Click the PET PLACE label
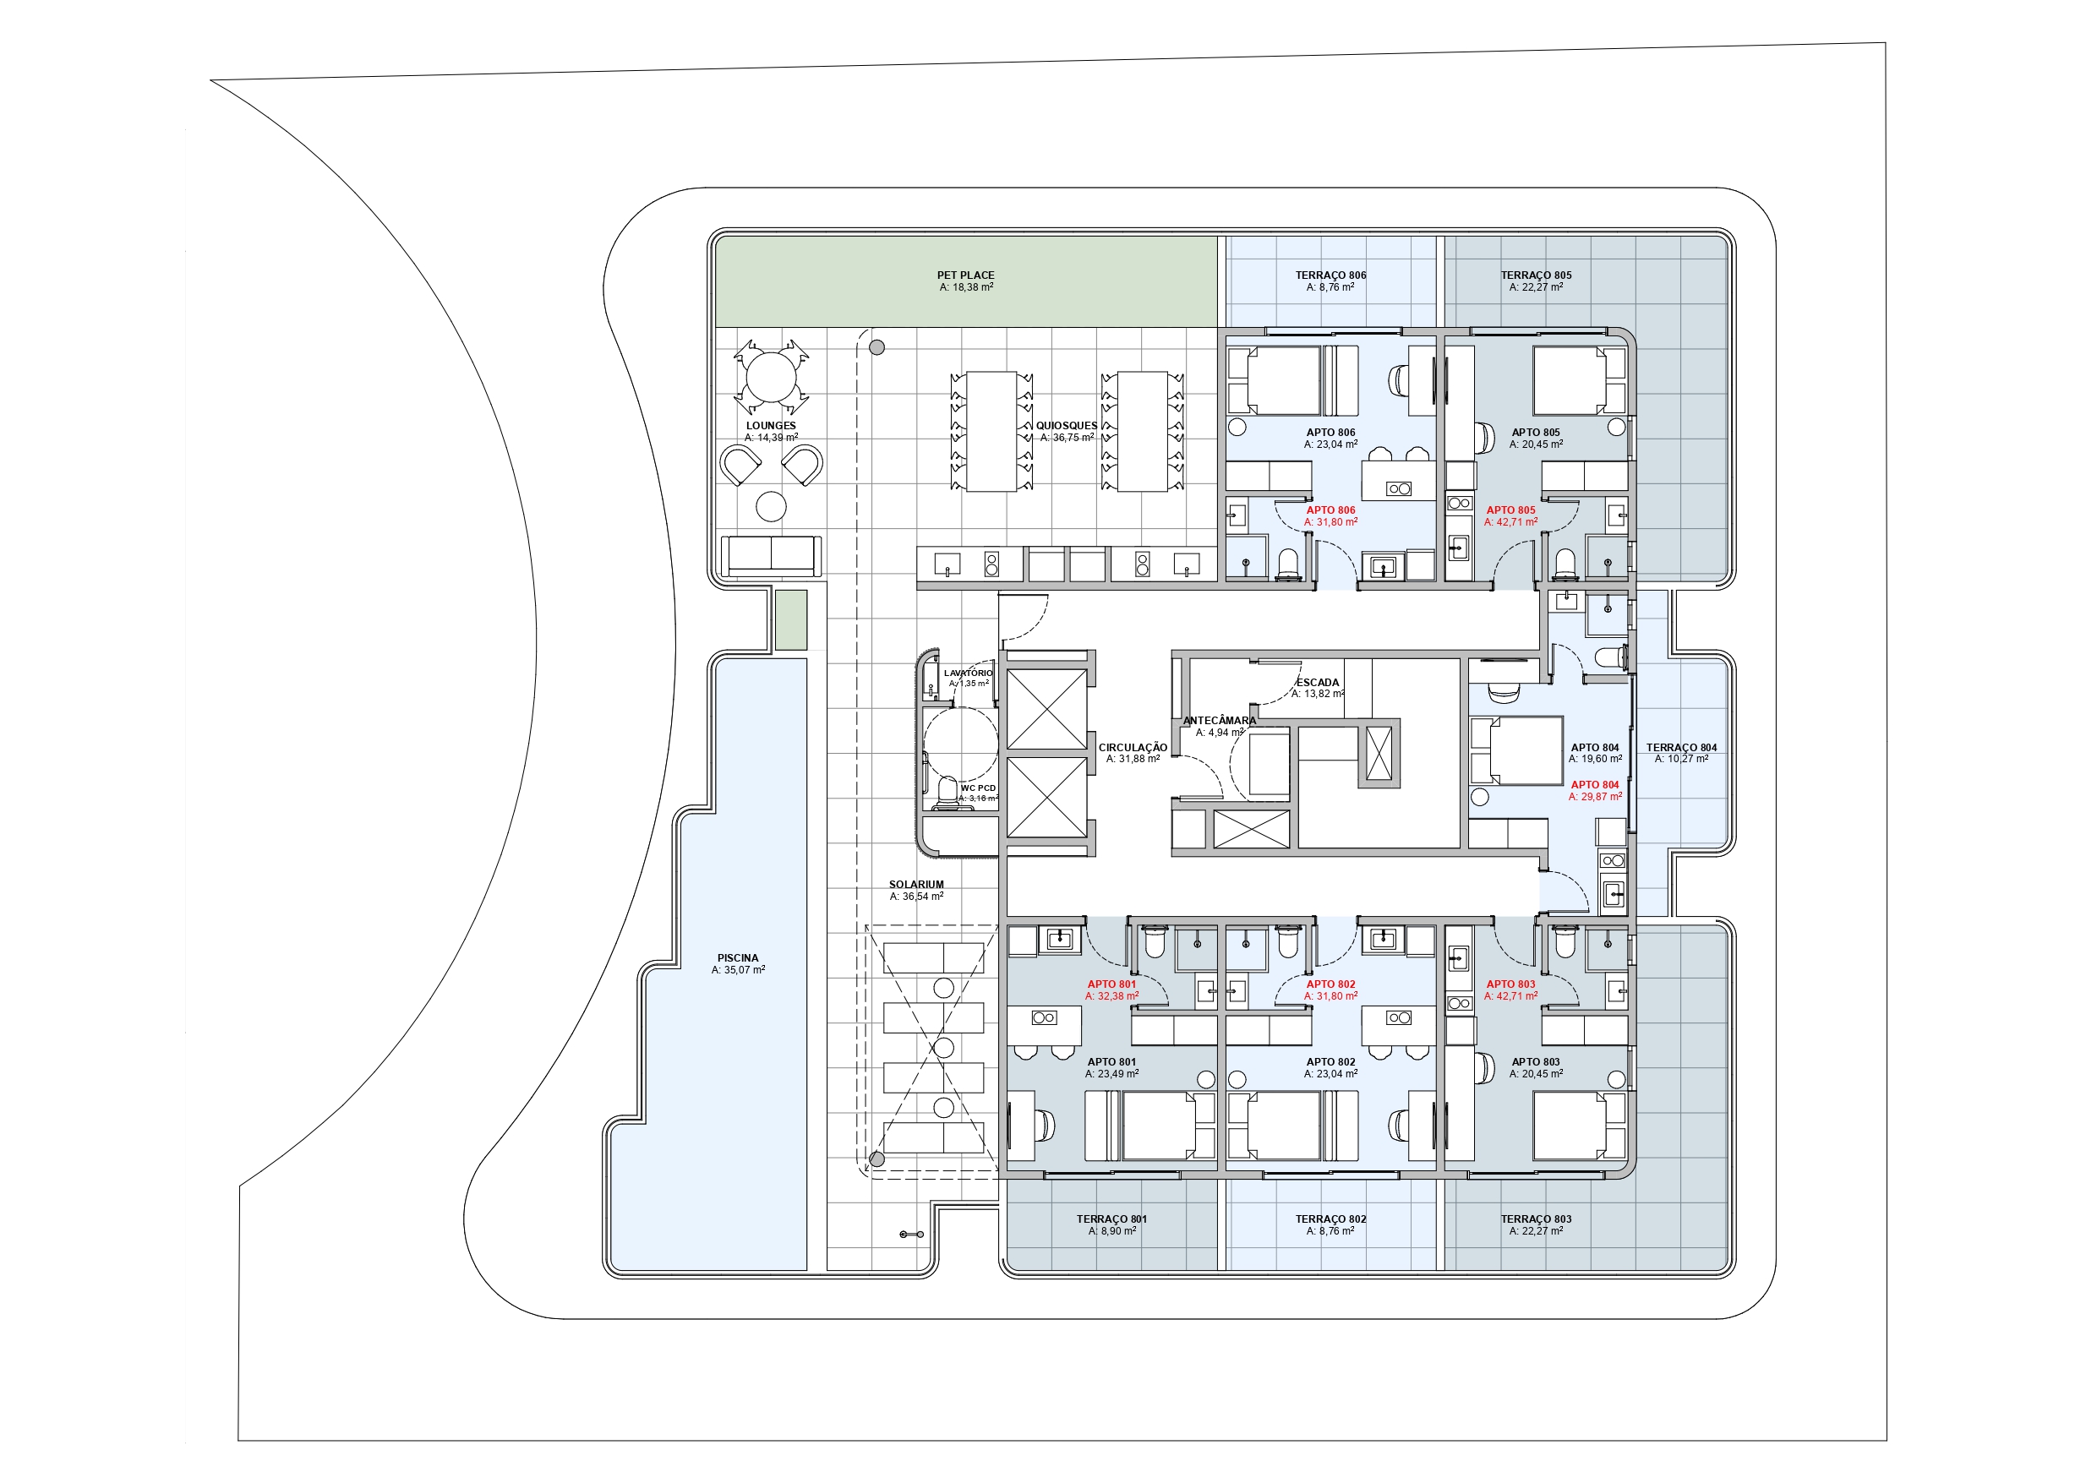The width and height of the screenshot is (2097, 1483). point(965,275)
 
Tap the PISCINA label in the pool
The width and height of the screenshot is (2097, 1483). point(738,958)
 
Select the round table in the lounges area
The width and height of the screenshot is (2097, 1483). point(771,377)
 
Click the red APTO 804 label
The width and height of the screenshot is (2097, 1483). point(1595,784)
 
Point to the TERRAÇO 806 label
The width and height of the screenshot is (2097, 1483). point(1330,275)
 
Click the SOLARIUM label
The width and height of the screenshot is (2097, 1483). point(916,885)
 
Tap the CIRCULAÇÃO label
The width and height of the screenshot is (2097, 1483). point(1133,748)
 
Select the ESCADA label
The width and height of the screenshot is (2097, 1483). point(1318,682)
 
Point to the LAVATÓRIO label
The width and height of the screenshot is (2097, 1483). point(968,673)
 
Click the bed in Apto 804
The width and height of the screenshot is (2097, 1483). point(1516,751)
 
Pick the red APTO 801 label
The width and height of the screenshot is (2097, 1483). point(1111,984)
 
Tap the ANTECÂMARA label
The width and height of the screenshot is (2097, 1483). point(1220,721)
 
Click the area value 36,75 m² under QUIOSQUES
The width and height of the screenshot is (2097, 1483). point(1067,439)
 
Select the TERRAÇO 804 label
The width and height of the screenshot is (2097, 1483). point(1681,748)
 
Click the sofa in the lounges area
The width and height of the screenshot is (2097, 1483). point(771,556)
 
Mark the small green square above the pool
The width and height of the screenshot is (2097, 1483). point(792,620)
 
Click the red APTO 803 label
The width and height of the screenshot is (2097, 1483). point(1510,984)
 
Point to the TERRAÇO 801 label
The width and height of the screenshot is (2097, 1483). point(1111,1219)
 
